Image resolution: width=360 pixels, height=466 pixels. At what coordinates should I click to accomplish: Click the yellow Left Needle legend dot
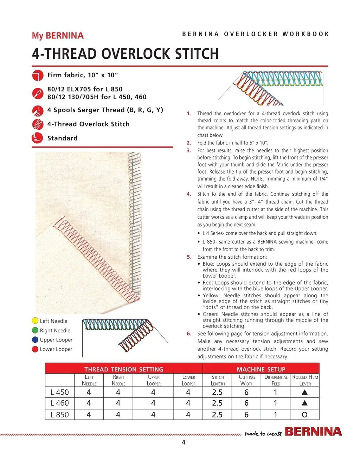35,321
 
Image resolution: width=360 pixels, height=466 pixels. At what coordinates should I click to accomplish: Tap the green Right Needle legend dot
35,330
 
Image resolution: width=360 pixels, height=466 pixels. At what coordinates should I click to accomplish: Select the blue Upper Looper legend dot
35,340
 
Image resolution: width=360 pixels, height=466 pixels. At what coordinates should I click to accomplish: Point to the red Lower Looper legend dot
35,349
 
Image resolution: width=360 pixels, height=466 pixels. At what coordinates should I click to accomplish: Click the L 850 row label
60,415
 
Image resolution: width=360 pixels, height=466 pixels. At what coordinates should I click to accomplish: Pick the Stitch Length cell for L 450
217,392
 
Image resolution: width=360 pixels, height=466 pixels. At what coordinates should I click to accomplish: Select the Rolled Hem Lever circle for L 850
304,415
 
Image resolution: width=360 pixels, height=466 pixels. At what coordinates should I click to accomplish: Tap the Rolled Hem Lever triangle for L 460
304,403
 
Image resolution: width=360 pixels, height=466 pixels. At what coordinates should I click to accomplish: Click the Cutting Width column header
246,380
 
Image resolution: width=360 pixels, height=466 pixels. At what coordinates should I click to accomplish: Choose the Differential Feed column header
276,380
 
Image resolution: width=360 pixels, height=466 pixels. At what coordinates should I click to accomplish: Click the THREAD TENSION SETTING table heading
124,369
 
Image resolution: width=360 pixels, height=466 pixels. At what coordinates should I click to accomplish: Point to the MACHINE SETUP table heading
261,369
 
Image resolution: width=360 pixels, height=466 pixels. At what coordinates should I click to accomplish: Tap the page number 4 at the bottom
184,442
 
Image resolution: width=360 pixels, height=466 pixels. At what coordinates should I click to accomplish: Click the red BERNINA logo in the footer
313,432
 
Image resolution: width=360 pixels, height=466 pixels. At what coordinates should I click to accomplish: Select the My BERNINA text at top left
58,35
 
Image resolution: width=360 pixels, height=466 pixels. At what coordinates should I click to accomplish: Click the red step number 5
189,257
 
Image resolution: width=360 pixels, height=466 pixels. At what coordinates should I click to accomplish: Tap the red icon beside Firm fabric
37,75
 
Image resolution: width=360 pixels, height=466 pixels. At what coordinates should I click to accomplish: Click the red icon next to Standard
37,138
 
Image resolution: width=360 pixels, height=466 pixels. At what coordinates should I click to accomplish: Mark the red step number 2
189,143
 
